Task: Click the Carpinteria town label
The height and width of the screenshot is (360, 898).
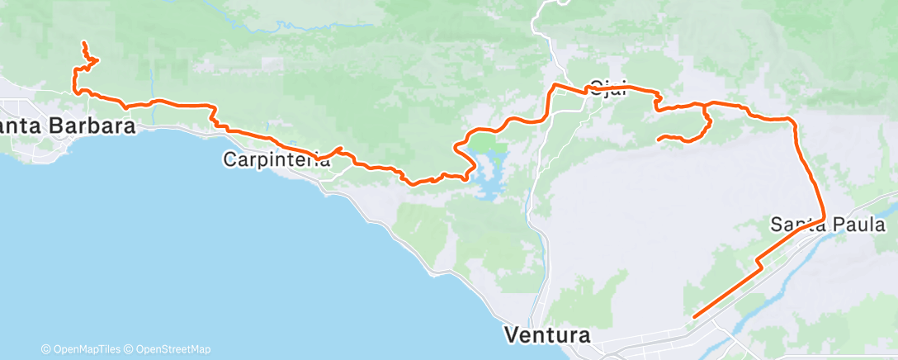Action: click(276, 159)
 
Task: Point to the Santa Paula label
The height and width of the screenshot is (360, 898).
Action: click(828, 225)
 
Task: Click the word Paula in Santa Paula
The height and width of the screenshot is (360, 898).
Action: click(858, 225)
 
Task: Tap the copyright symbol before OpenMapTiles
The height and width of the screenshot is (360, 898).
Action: click(45, 349)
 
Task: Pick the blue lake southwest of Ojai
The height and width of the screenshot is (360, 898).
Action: click(491, 173)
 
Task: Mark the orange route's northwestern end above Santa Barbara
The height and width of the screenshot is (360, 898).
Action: click(84, 42)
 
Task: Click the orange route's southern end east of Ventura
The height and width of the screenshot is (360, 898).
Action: click(694, 316)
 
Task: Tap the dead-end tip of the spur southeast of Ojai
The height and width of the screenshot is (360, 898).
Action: click(658, 140)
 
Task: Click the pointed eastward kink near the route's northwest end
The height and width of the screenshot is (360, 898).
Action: click(97, 59)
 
